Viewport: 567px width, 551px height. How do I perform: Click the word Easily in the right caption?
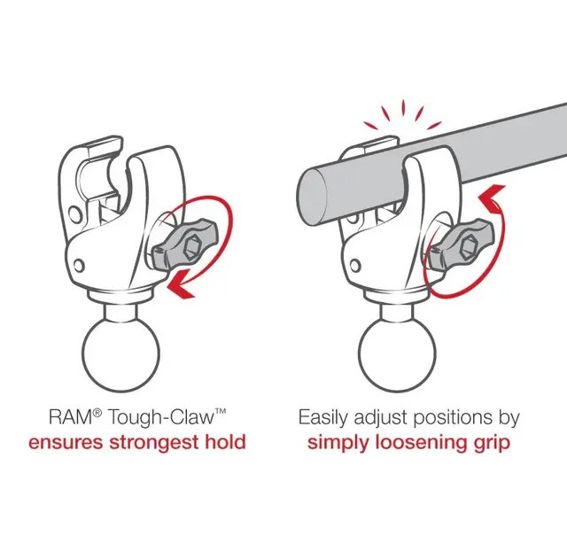(x=324, y=417)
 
